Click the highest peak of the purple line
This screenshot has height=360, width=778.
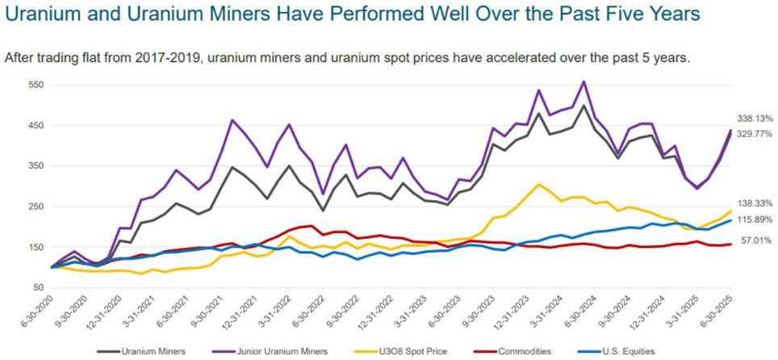tap(583, 82)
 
